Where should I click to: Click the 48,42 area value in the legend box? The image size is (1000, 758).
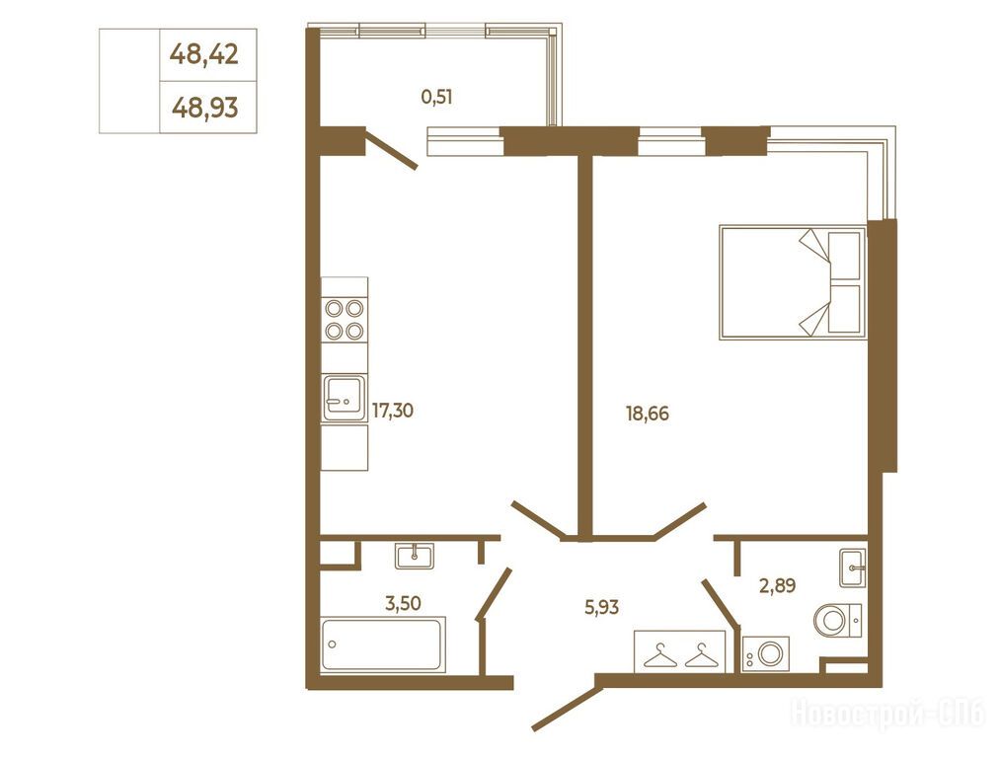pos(204,55)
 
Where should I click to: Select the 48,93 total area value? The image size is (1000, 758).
pos(204,108)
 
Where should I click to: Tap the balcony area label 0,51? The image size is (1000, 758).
pos(437,97)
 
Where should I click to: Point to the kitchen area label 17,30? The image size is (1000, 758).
pos(392,411)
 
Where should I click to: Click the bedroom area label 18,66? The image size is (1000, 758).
pos(648,414)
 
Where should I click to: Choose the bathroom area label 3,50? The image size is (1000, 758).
pos(403,602)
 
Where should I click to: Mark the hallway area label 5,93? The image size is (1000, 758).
pos(601,607)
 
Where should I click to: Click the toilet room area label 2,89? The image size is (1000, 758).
pos(777,584)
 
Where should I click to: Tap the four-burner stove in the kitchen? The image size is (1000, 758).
pos(345,320)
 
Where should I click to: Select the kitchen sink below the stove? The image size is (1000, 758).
pos(345,398)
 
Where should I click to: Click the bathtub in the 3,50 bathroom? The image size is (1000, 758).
pos(383,644)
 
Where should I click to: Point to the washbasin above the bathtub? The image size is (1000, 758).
pos(415,556)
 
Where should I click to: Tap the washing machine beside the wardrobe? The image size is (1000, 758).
pos(766,653)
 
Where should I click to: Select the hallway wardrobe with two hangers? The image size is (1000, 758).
pos(680,651)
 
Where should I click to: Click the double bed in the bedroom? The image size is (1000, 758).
pos(793,281)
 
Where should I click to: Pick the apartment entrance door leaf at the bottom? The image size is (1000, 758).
pos(567,706)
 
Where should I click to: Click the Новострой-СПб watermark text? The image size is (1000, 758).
pos(888,713)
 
